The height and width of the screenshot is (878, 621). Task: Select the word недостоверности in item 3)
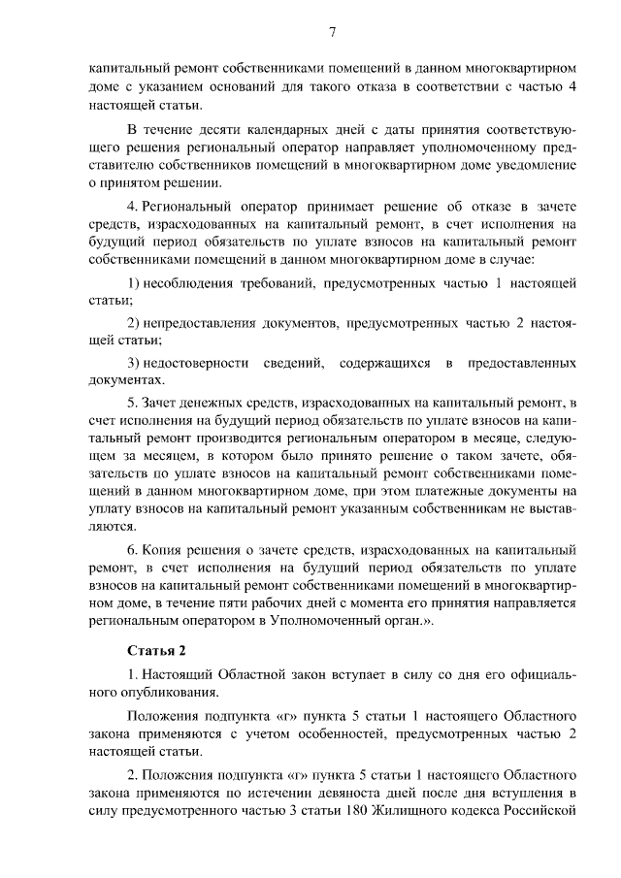click(198, 362)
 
